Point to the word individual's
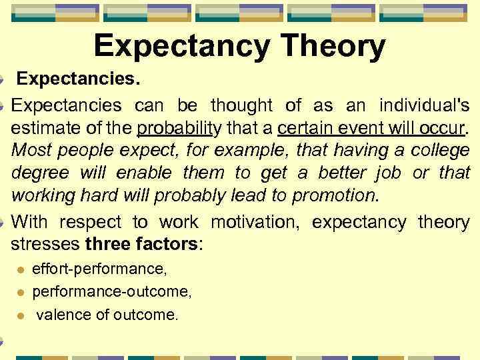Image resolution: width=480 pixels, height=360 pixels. click(425, 105)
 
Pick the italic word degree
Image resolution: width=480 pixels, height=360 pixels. click(40, 173)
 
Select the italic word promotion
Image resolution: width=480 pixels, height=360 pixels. click(335, 197)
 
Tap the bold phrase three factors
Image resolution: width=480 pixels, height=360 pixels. click(141, 244)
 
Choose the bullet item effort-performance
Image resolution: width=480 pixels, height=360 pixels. click(100, 269)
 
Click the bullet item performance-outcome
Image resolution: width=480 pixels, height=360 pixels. click(112, 291)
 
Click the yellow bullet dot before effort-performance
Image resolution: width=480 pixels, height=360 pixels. click(21, 269)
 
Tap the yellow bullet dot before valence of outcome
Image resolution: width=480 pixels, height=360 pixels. click(21, 315)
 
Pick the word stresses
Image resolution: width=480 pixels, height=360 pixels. click(45, 244)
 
